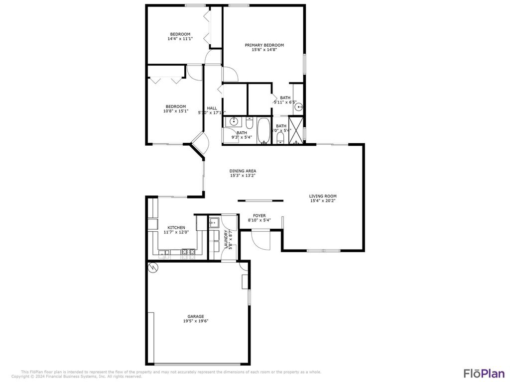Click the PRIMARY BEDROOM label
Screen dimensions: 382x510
point(264,45)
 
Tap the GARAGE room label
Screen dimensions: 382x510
point(196,316)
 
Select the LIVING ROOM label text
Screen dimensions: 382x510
point(323,196)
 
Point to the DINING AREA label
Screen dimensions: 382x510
point(243,171)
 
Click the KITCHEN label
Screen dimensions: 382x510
point(176,227)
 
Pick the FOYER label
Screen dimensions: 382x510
point(259,215)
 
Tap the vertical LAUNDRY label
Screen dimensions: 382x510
point(227,239)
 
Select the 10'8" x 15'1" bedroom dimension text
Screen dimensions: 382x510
point(176,111)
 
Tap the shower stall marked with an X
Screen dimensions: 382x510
point(296,129)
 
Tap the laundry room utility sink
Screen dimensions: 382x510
point(214,222)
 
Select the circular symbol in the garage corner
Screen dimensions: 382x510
point(152,268)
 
